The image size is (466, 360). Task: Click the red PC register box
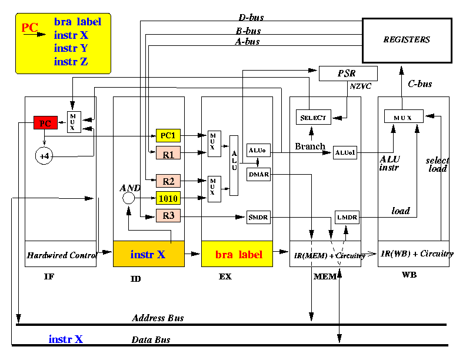coord(45,123)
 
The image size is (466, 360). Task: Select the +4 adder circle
coord(44,156)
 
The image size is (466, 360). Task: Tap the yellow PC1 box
coord(168,135)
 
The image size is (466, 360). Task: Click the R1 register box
coord(168,153)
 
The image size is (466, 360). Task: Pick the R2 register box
coord(168,181)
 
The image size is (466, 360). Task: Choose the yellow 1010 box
coord(168,198)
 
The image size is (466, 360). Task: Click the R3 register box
coord(168,216)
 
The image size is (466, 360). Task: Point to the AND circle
coord(129,198)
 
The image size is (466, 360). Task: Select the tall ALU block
coord(234,165)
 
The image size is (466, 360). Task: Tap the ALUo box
coord(258,150)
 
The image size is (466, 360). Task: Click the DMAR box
coord(258,174)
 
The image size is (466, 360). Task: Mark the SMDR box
coord(258,217)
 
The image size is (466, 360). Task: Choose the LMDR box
coord(347,217)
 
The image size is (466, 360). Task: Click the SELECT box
coord(313,117)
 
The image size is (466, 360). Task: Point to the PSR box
coord(348,74)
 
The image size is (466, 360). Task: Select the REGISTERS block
coord(407,41)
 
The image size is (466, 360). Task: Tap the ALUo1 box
coord(345,153)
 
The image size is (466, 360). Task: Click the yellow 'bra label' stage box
coord(237,254)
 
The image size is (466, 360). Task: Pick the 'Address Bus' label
coord(158,318)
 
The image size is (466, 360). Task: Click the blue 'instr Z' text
coord(71,62)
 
